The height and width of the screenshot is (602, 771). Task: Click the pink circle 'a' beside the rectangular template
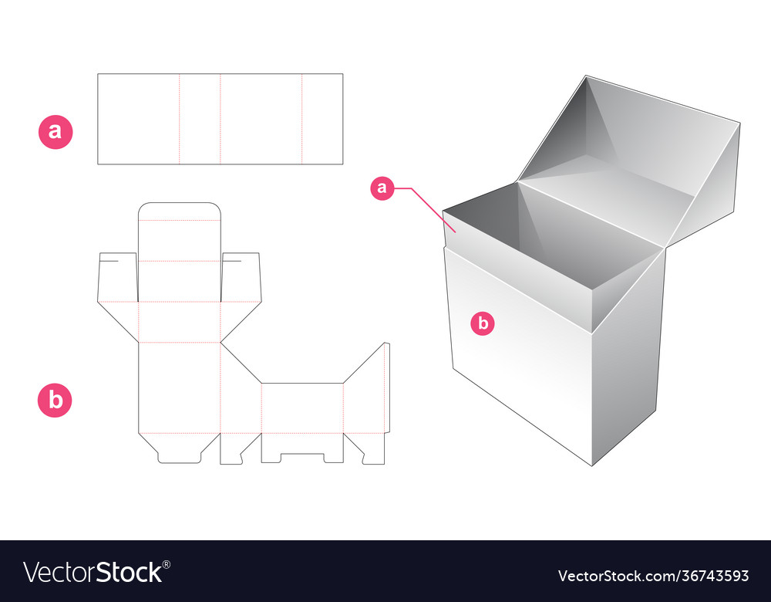click(x=56, y=131)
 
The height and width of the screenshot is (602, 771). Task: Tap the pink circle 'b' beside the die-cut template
click(x=56, y=401)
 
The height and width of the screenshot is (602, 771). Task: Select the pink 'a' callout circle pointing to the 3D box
click(x=383, y=188)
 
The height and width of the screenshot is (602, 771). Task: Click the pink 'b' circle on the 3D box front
click(x=483, y=324)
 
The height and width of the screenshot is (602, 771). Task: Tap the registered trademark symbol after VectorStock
click(x=167, y=563)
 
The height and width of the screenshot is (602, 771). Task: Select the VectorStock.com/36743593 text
click(x=652, y=576)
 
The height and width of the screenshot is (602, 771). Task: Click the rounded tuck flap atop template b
click(x=179, y=212)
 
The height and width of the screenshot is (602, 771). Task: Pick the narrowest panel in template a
click(x=200, y=119)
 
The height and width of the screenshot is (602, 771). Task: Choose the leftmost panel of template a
click(x=138, y=119)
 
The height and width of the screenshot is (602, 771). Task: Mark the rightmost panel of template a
click(x=322, y=119)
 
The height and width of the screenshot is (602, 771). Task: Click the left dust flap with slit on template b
click(x=117, y=278)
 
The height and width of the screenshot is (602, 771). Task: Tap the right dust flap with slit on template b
click(x=241, y=278)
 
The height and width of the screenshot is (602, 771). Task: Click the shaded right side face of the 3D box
click(x=628, y=355)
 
